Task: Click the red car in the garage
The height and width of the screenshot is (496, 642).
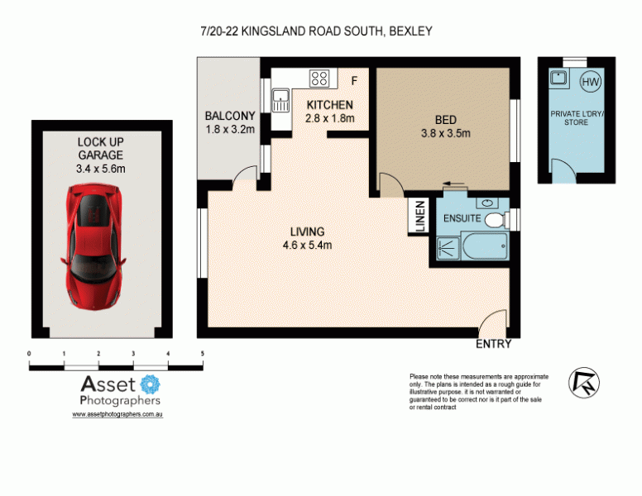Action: [93, 246]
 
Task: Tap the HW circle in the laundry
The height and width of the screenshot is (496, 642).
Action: [590, 82]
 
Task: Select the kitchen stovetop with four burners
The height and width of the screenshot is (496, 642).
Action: [319, 79]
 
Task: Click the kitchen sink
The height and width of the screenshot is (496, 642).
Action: [281, 101]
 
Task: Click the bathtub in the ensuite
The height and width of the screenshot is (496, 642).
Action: [485, 246]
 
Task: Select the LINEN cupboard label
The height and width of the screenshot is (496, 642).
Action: [420, 216]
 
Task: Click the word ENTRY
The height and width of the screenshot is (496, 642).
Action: [493, 344]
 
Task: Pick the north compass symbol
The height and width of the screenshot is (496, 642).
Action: [584, 383]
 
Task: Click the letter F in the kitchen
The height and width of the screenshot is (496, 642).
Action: [354, 81]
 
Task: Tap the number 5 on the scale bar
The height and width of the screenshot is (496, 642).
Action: [202, 354]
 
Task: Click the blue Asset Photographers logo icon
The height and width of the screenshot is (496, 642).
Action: [151, 384]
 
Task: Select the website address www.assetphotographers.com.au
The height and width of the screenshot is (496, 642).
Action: [117, 414]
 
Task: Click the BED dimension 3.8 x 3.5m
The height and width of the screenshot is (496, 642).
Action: [445, 133]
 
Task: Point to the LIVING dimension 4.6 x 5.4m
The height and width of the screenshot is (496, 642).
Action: [307, 246]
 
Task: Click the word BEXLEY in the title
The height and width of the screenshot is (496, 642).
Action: [410, 31]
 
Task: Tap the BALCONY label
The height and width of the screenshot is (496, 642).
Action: [230, 116]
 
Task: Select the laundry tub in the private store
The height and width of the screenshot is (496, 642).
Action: [558, 78]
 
